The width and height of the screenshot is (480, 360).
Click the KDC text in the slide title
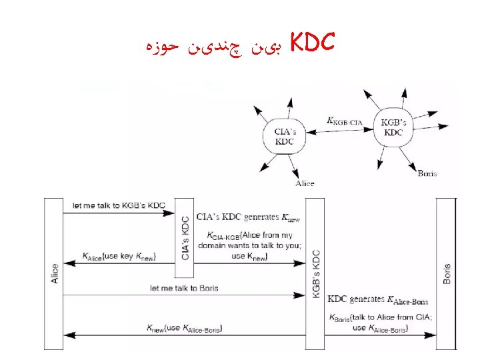(x=312, y=43)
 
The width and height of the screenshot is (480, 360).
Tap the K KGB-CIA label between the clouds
(x=345, y=121)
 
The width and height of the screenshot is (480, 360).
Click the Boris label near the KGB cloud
(x=427, y=173)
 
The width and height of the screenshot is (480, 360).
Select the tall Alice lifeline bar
(x=55, y=273)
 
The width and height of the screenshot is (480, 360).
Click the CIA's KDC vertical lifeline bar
(x=185, y=238)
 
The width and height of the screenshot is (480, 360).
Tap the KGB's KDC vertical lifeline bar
(x=315, y=273)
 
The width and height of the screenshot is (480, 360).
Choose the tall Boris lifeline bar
(x=446, y=273)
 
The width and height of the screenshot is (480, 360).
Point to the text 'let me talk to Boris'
(x=184, y=288)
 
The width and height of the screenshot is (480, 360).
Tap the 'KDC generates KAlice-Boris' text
(x=379, y=301)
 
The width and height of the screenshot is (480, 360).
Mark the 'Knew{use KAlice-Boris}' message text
(x=185, y=327)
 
